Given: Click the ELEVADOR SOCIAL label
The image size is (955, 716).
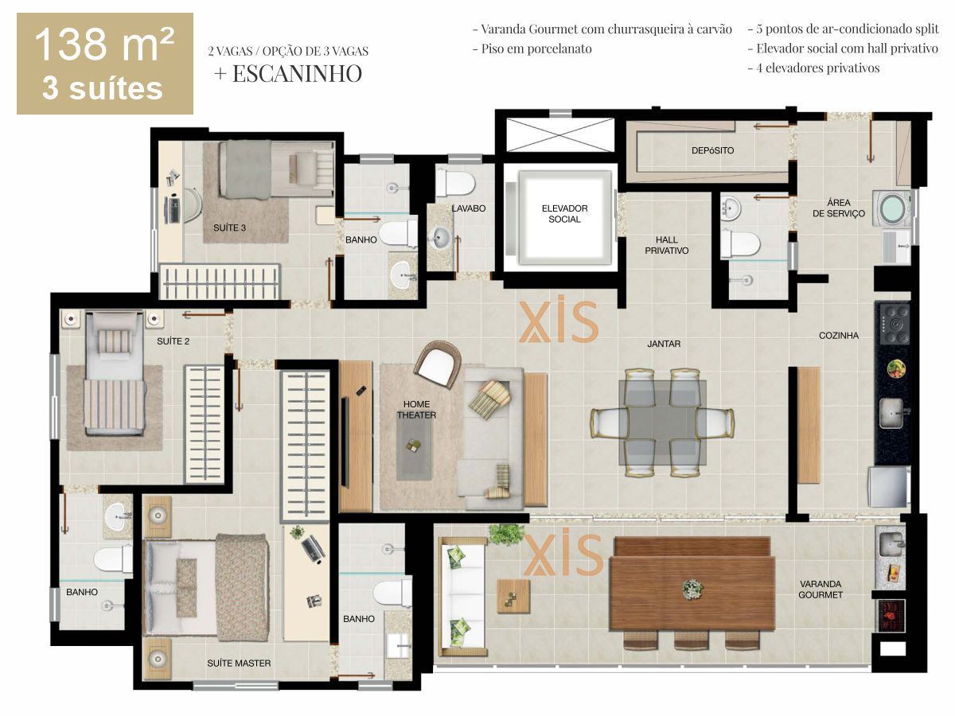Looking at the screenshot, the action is (564, 213).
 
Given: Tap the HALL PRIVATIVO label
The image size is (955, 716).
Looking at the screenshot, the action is (666, 245).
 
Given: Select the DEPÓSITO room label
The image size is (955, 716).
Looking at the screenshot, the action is (712, 150).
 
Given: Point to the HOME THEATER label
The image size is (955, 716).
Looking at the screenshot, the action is (416, 410).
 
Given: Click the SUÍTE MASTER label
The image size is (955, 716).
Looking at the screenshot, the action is (239, 663).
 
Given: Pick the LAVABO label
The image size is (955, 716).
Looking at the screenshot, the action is (468, 208).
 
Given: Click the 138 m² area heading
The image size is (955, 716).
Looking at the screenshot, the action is (104, 45).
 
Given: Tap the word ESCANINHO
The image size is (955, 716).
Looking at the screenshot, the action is (297, 73).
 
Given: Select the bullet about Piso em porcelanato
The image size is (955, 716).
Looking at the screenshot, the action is (532, 49).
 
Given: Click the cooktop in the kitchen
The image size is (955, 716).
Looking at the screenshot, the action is (894, 324).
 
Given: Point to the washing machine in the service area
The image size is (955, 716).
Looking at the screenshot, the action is (892, 208).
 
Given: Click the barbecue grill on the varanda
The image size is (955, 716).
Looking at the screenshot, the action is (891, 615).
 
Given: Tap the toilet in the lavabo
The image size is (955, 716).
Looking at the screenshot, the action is (455, 183).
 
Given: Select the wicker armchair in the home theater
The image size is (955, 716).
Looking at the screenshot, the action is (438, 364).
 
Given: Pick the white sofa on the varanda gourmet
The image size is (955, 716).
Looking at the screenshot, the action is (463, 597).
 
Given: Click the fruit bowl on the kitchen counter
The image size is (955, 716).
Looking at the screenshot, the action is (896, 368).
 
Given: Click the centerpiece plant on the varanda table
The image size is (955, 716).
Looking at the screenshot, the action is (692, 590).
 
